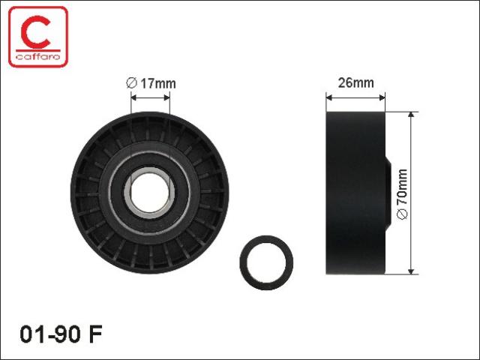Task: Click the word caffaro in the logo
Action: [x=38, y=57]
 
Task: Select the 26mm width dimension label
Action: [x=355, y=82]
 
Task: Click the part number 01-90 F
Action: [x=61, y=334]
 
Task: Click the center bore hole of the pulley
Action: [x=150, y=193]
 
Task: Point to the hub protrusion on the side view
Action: [x=388, y=193]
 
